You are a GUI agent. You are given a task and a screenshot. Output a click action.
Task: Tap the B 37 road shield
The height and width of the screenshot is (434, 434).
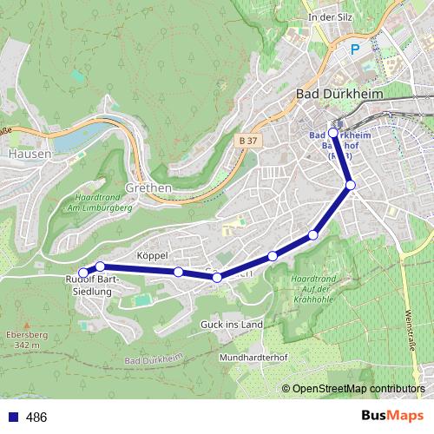248,140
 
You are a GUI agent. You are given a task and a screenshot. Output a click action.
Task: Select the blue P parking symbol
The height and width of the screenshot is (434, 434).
354,50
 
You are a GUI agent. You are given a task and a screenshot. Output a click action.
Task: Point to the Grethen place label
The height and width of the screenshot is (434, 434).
149,187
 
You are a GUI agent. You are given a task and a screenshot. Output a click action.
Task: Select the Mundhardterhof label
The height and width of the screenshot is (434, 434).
253,357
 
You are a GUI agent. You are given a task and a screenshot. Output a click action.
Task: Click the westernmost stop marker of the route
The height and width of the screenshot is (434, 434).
83,274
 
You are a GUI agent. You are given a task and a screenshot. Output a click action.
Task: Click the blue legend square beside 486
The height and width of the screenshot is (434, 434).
11,418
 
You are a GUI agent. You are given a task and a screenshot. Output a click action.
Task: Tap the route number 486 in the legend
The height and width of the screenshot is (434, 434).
36,418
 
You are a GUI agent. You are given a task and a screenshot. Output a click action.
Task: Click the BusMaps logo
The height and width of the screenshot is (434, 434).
391,417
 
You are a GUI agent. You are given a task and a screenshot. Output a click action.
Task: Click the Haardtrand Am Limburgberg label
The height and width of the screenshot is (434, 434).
96,204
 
